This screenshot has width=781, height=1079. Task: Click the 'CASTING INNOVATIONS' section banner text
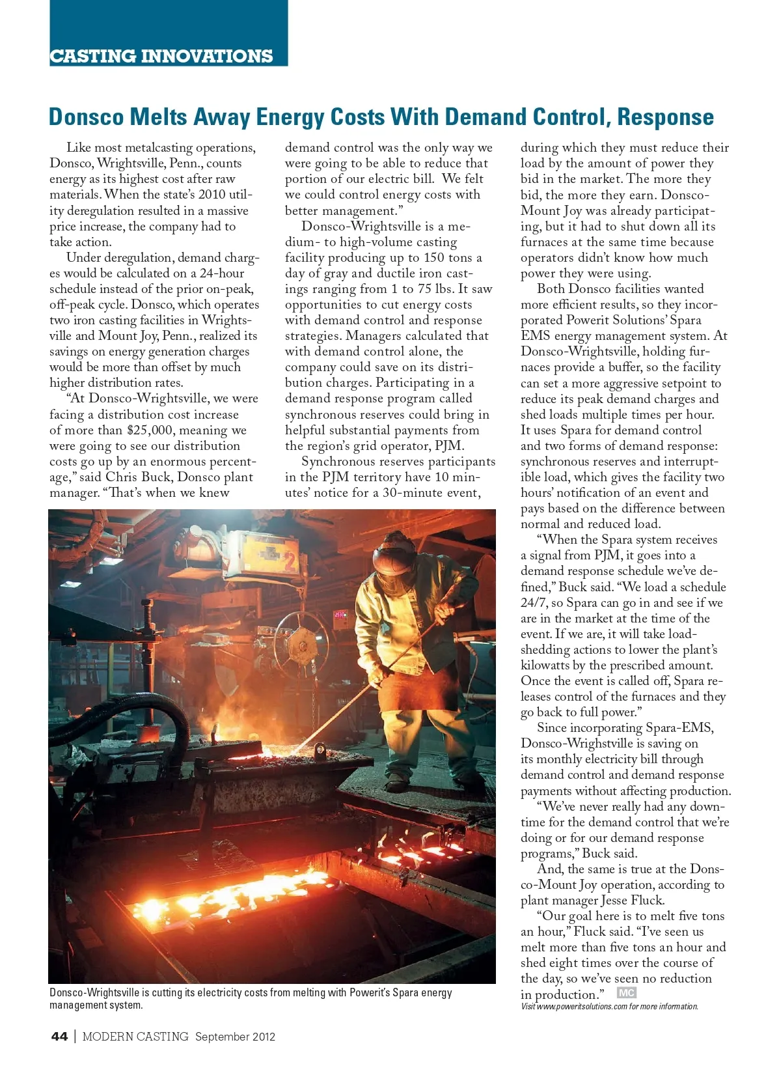(x=161, y=56)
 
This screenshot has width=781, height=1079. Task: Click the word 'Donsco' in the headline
(x=86, y=117)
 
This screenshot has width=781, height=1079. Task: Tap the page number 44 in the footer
(x=59, y=1037)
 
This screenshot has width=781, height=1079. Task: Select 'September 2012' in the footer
(x=235, y=1037)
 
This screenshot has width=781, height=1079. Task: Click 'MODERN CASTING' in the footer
(x=135, y=1037)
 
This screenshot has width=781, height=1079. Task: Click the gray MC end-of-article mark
(x=626, y=993)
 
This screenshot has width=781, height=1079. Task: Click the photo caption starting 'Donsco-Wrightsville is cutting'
(x=251, y=998)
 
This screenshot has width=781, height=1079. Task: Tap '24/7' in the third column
(x=534, y=603)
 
